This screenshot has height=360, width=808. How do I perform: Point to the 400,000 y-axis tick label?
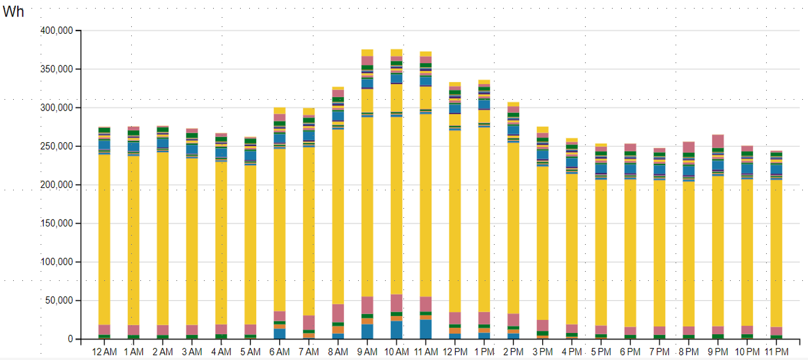point(57,31)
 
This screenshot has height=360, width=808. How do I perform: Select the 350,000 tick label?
point(57,69)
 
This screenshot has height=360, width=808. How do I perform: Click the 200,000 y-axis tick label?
point(57,185)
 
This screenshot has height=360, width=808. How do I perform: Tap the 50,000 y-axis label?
point(60,301)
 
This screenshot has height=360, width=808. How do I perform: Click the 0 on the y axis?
point(70,339)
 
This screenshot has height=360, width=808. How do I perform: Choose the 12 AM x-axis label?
point(104,351)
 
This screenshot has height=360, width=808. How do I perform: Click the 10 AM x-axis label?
point(396,351)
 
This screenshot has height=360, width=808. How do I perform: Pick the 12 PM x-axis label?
point(455,351)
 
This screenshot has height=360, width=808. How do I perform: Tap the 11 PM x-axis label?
point(776,351)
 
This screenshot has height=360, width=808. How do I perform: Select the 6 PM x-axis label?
point(630,351)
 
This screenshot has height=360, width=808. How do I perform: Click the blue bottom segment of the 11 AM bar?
point(425,330)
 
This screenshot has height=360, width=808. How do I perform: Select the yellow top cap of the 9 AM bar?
point(367,53)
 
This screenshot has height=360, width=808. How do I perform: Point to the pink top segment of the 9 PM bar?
point(718,141)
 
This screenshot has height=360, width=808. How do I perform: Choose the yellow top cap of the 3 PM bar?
point(543,130)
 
